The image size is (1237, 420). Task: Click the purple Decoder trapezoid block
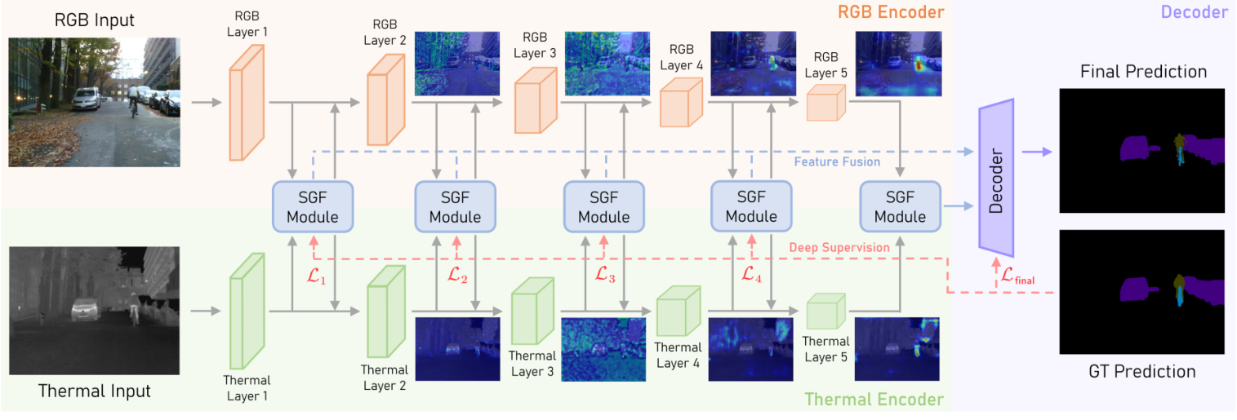coord(995,177)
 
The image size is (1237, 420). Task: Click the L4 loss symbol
coord(750,276)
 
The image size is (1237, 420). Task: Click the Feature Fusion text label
coord(837,162)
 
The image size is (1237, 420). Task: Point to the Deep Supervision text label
coord(839,247)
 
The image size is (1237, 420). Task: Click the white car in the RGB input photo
coord(87,99)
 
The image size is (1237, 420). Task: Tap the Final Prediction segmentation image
coord(1141,150)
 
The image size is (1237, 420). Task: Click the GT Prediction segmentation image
coord(1141,291)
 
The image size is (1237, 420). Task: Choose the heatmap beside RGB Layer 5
coord(898,64)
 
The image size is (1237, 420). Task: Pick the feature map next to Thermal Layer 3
coord(603,349)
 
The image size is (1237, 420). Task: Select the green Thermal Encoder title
coord(874,400)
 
